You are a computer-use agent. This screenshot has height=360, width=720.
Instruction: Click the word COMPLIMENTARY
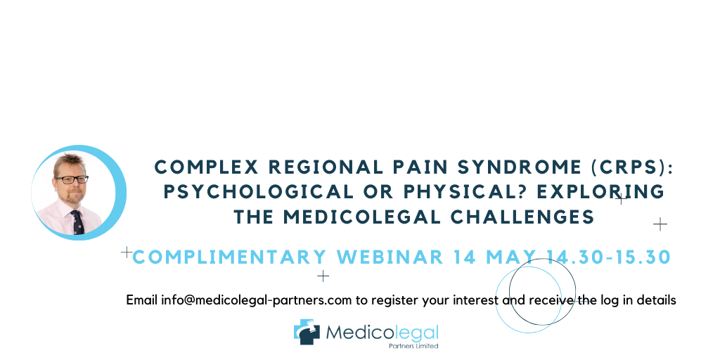coord(229,257)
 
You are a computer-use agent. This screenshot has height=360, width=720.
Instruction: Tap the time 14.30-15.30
coord(609,257)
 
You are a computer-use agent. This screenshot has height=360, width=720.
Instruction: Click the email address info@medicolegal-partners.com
coord(256,300)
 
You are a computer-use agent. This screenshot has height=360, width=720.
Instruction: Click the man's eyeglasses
coord(72,179)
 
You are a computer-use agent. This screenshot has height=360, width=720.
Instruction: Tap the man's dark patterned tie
coord(77,223)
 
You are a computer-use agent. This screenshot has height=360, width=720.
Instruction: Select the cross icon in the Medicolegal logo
coord(307,332)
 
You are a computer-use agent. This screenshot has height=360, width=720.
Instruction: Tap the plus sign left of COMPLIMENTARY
coord(127,252)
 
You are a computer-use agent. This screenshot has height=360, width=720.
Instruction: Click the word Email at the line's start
coord(142,300)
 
